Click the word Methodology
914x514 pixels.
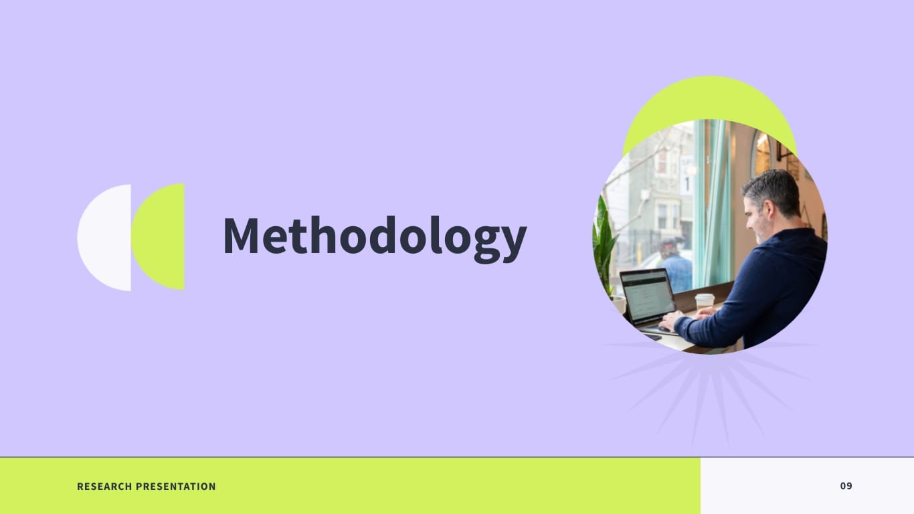click(x=375, y=237)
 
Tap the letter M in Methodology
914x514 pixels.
click(x=240, y=236)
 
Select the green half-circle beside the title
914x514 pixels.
click(x=161, y=237)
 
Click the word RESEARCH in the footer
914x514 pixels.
click(x=104, y=487)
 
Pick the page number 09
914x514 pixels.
click(x=846, y=486)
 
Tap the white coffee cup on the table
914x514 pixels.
click(x=705, y=301)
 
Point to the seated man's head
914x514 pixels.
click(x=772, y=199)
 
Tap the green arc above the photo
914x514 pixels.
click(x=709, y=100)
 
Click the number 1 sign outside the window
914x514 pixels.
click(x=687, y=182)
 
